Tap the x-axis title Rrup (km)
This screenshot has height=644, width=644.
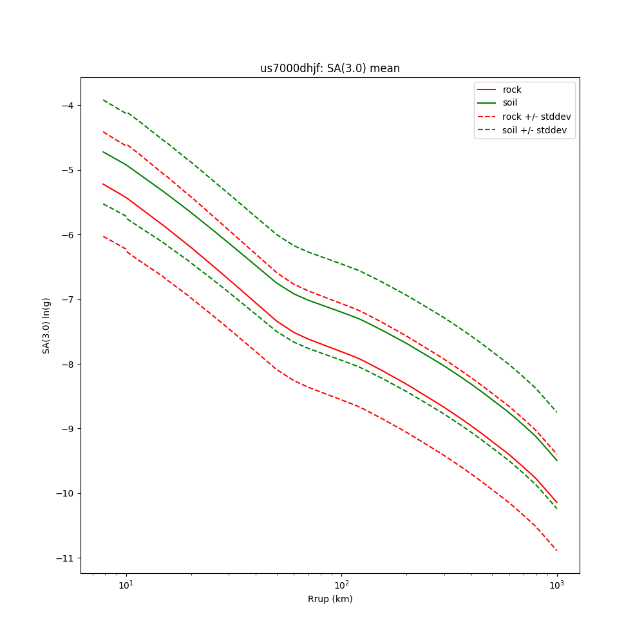click(x=330, y=599)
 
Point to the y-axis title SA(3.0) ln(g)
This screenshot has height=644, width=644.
click(x=46, y=325)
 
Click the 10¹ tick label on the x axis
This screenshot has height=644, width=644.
click(x=126, y=586)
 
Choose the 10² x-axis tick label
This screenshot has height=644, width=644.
click(x=341, y=586)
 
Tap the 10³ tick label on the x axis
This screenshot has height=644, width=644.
click(x=556, y=586)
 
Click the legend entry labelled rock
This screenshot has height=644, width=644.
click(x=512, y=90)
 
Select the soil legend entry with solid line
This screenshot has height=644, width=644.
click(x=510, y=103)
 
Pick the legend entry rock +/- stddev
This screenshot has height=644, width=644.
click(x=536, y=117)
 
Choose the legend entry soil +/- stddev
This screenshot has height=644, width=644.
click(x=536, y=130)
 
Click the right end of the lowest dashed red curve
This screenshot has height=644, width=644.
click(x=556, y=550)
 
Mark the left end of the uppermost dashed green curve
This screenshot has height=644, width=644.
click(x=103, y=100)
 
